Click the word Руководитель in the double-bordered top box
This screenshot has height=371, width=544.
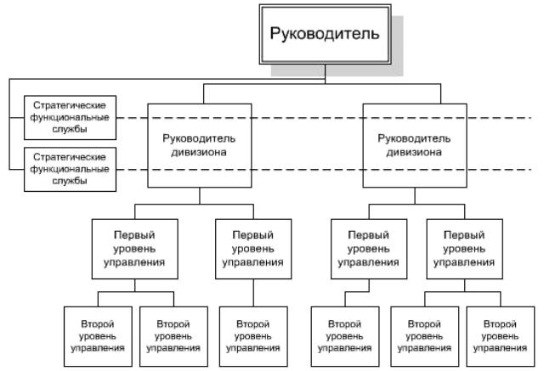click(x=325, y=34)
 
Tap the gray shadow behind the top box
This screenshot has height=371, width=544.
click(x=397, y=45)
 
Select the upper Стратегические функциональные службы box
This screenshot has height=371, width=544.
click(x=70, y=118)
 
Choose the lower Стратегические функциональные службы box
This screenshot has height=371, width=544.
click(x=70, y=170)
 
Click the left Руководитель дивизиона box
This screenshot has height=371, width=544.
click(x=200, y=145)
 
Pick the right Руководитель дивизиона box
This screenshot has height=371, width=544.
click(x=415, y=145)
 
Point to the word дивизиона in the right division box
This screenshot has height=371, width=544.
click(x=414, y=152)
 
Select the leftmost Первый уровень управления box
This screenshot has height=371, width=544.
click(x=135, y=249)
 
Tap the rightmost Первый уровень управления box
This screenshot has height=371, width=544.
click(x=465, y=249)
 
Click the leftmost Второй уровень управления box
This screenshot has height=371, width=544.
click(x=99, y=336)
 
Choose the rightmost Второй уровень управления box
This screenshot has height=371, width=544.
click(x=501, y=336)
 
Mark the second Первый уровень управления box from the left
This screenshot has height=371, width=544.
click(x=253, y=249)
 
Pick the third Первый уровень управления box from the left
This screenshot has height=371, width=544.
click(x=369, y=249)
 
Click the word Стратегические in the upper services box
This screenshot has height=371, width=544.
click(x=70, y=105)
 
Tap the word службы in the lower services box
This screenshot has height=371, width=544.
click(x=70, y=181)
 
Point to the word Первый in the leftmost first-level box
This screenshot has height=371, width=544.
click(x=134, y=235)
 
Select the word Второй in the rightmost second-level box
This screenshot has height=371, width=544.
click(x=500, y=324)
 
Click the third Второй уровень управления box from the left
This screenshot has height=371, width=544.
click(x=253, y=336)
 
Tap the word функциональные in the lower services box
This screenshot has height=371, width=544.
click(x=70, y=169)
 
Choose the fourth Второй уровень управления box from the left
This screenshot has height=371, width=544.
click(x=345, y=336)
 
